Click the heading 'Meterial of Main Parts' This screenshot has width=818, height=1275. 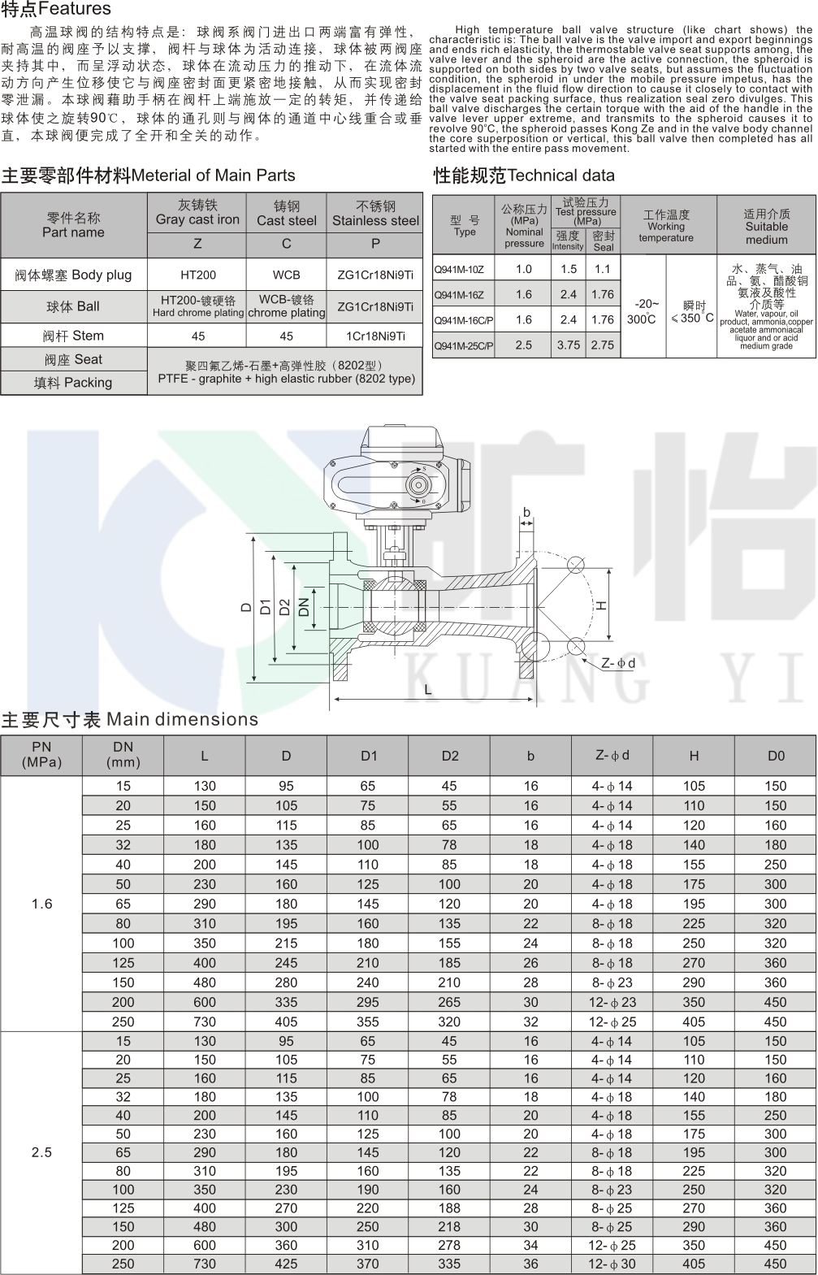(214, 176)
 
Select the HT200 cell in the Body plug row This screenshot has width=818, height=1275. (198, 275)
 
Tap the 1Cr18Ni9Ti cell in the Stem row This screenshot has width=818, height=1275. (375, 336)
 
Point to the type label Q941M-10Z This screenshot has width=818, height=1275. (459, 269)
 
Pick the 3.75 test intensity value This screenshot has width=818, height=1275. (569, 345)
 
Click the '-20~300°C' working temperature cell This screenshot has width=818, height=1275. (643, 311)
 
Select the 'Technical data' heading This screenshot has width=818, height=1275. (560, 176)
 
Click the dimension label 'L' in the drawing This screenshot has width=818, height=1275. (428, 689)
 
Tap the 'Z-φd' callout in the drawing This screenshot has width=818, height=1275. (618, 663)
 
